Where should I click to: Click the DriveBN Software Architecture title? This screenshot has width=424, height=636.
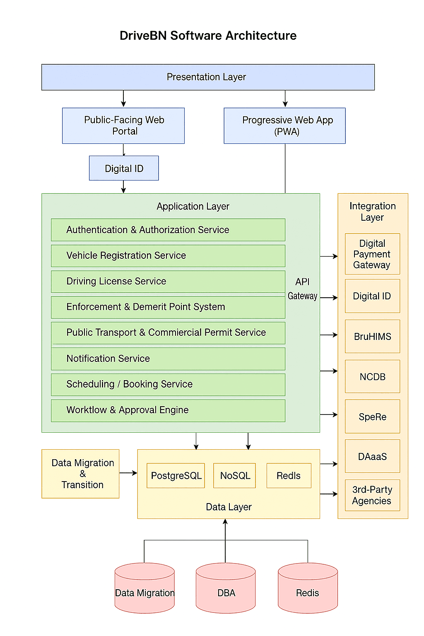208,36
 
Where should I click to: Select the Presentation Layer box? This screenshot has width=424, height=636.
208,77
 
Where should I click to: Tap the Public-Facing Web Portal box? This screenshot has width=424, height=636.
123,125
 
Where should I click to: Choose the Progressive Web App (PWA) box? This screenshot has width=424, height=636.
285,125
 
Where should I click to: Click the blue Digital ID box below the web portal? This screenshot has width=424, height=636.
124,168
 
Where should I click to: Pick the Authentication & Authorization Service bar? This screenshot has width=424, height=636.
168,230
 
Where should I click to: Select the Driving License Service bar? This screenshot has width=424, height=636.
168,282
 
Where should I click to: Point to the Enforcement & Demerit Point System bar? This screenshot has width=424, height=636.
168,307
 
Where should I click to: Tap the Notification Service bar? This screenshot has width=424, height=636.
168,359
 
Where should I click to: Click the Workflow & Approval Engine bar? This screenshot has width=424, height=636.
168,410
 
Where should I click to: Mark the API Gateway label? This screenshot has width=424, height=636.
303,289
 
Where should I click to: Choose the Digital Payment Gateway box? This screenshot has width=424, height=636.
372,254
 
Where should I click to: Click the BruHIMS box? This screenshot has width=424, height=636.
372,336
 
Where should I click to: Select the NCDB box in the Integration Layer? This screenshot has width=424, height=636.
372,376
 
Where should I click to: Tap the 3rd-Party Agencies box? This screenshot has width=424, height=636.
372,495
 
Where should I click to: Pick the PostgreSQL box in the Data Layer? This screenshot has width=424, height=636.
176,475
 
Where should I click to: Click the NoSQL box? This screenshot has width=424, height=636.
235,475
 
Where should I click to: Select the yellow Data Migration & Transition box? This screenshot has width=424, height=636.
80,474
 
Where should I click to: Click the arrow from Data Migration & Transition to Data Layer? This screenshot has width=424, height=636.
128,473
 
